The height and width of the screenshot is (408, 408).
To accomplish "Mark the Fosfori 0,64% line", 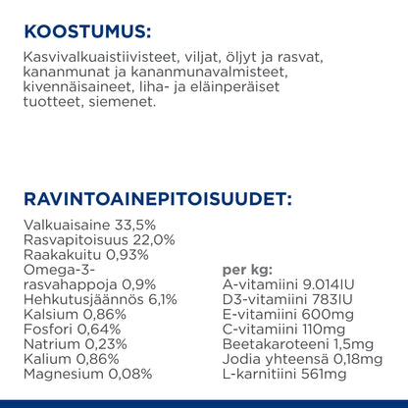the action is [x=65, y=330].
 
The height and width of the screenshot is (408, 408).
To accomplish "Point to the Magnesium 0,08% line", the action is [x=86, y=375].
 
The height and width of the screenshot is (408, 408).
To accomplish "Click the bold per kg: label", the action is [x=248, y=270].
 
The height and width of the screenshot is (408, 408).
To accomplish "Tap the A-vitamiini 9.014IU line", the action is [x=289, y=284].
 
